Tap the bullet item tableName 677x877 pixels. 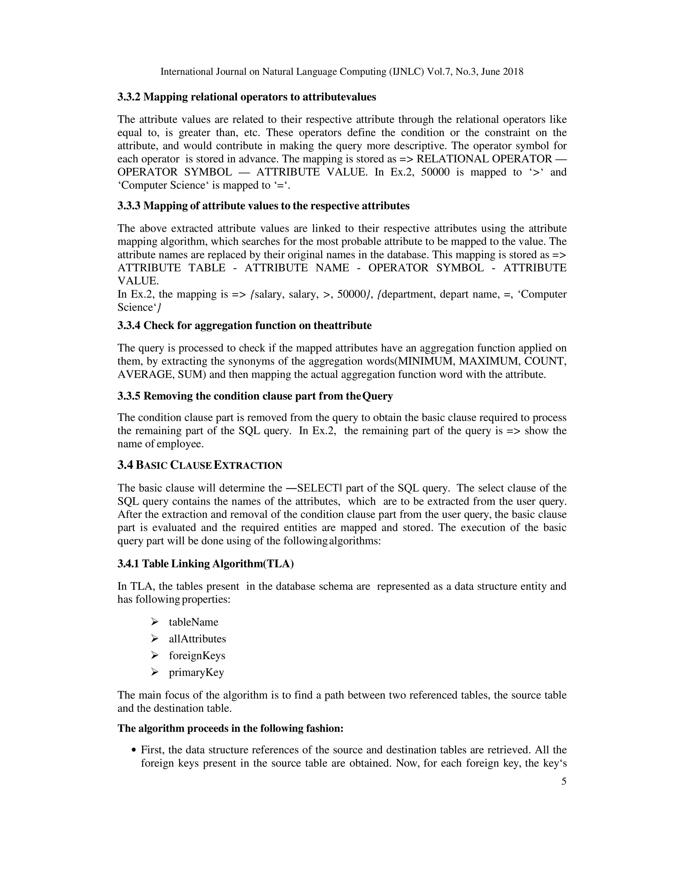tap(193, 622)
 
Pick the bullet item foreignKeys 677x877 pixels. tap(197, 655)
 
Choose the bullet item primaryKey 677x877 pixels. tap(196, 672)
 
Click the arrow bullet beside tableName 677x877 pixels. tap(154, 622)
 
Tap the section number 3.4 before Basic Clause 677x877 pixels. tap(125, 465)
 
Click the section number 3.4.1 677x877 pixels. tap(128, 564)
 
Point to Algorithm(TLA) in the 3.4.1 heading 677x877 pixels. tap(253, 564)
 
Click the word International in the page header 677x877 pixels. tap(186, 72)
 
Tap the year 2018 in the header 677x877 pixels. tap(513, 72)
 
